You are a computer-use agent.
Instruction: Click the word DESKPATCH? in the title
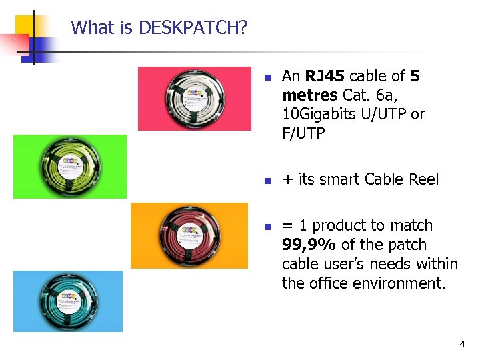(193, 28)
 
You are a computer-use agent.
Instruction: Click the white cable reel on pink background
(195, 99)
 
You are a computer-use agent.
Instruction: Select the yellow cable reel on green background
(70, 167)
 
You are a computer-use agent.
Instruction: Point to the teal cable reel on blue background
(69, 301)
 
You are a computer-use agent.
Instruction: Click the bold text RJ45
(326, 76)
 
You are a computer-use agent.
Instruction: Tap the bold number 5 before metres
(415, 76)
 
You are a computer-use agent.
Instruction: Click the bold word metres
(309, 95)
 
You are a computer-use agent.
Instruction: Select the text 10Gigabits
(319, 115)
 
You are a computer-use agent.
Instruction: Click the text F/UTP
(303, 134)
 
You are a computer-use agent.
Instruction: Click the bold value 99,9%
(309, 245)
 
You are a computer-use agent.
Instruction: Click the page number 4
(462, 344)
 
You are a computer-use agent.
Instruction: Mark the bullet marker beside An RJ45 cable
(266, 77)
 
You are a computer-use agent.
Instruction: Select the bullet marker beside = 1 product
(266, 227)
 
